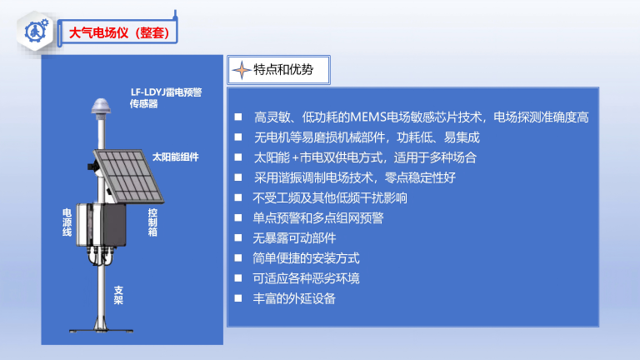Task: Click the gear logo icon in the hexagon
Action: pos(37,31)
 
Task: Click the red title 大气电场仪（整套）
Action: pos(119,32)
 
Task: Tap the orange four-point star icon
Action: pos(242,70)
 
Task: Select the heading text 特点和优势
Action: pos(283,70)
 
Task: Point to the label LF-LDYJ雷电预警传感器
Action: pos(166,98)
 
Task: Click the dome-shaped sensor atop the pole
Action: pos(100,107)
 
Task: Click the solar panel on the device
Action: pos(128,176)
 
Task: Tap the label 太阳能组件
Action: pos(176,157)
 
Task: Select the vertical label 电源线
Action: pos(67,222)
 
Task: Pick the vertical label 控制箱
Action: pos(152,222)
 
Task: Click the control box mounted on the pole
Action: pos(101,224)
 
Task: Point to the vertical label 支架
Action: pos(118,295)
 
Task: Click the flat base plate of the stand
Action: pos(101,331)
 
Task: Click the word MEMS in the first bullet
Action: pos(368,117)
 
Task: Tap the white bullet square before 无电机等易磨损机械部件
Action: pos(238,137)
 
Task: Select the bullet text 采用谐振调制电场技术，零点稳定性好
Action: pos(355,178)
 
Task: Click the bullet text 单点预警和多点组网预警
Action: pos(318,218)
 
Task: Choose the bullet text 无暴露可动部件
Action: pos(294,238)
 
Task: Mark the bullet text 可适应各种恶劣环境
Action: pos(306,278)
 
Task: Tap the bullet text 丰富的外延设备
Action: pos(294,298)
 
